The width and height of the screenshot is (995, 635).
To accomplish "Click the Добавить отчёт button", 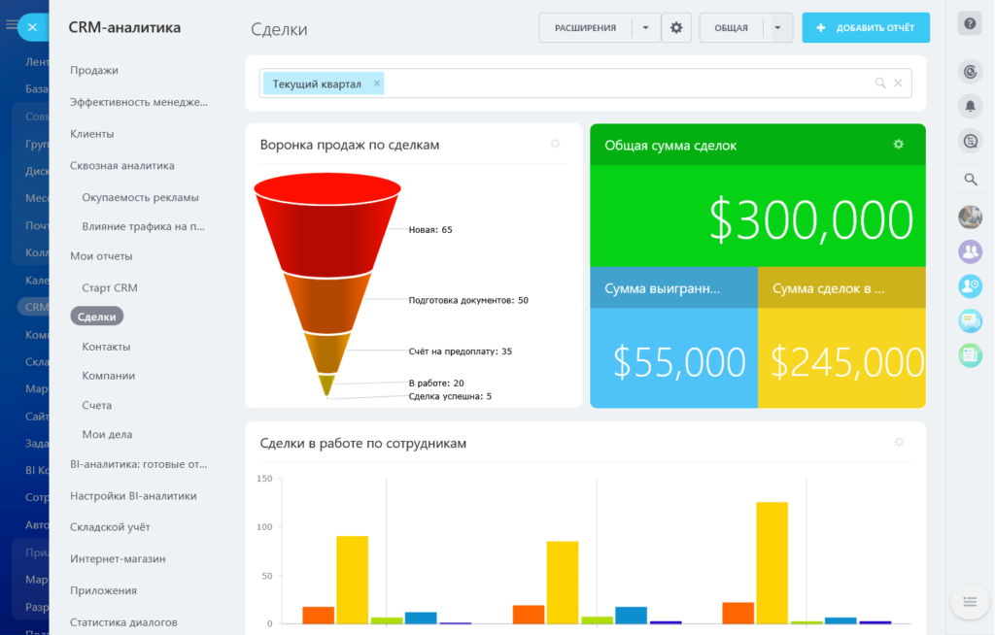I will [866, 28].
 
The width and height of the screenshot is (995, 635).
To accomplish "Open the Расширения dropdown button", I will [646, 28].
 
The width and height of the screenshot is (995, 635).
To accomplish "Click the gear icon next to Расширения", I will [676, 28].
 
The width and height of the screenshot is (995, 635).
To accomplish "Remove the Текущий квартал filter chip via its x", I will [377, 84].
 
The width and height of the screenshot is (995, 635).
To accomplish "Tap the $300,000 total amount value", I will [810, 220].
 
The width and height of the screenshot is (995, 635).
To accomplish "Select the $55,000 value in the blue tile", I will [679, 362].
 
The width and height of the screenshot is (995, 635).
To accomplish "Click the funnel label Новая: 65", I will [430, 230].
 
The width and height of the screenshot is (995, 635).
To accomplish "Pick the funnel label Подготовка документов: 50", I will [468, 301].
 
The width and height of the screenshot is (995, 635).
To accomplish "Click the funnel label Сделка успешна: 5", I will [450, 396].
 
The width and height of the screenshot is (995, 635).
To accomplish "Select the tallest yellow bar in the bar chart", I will [772, 562].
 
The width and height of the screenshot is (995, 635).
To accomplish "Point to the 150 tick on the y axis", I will [265, 479].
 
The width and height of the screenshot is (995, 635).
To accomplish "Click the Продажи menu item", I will [94, 70].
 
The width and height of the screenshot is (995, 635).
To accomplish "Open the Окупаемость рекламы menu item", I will [140, 197].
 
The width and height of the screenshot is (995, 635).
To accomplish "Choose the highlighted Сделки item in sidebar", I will [96, 317].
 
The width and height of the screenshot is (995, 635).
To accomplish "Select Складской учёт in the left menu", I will [110, 526].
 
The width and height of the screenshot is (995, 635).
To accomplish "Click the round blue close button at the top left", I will [32, 27].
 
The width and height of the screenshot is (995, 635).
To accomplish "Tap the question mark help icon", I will [969, 24].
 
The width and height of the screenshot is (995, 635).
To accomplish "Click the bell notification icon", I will [969, 105].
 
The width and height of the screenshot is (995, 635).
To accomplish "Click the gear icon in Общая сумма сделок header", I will [898, 145].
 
